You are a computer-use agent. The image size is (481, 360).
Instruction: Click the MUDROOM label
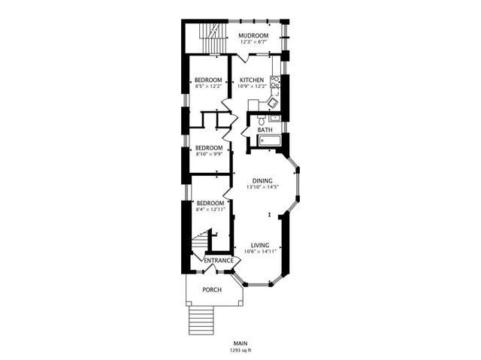(253, 35)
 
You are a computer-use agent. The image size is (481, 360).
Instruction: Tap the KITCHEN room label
(252, 80)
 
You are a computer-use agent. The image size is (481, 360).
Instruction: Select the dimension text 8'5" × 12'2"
(208, 86)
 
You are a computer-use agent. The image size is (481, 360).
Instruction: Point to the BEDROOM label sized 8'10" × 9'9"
(209, 147)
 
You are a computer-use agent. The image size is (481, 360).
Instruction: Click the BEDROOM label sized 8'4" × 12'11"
(210, 203)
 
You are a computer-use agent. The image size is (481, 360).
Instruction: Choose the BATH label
(265, 130)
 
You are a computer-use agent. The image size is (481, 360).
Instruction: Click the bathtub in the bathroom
(265, 141)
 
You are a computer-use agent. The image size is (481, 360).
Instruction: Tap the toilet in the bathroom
(259, 119)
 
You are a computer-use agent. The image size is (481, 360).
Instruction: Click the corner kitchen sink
(275, 102)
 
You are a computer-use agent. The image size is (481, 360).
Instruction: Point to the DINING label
(262, 180)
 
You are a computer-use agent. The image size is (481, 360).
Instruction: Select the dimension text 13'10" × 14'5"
(262, 187)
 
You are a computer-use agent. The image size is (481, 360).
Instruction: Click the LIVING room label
(260, 245)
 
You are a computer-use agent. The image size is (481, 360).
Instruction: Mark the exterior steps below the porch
(201, 322)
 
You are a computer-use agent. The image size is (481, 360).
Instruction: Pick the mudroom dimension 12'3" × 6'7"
(253, 42)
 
